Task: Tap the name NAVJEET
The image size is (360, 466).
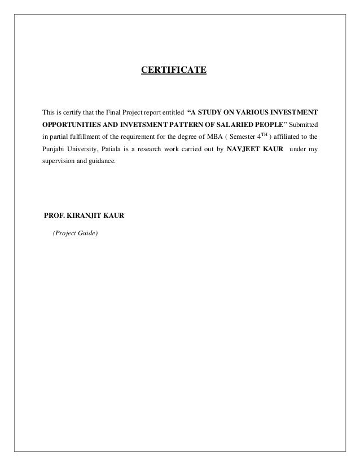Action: coord(247,150)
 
